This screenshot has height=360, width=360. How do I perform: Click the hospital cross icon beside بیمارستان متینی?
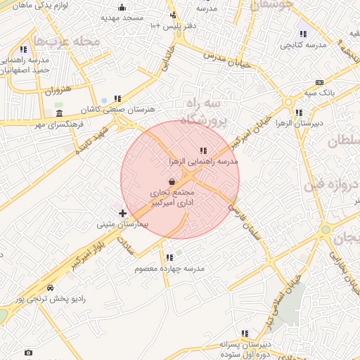(x=123, y=212)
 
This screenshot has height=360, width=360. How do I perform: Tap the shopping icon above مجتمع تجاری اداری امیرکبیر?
(x=172, y=181)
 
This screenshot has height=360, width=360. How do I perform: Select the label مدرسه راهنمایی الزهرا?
(x=203, y=161)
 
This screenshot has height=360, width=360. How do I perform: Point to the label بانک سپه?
(x=319, y=92)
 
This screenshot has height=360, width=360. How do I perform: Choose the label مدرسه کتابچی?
(x=304, y=45)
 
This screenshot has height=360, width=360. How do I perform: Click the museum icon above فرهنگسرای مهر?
(x=59, y=113)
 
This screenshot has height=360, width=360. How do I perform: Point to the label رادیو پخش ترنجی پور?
(x=51, y=299)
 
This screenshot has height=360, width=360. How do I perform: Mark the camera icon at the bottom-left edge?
(x=28, y=352)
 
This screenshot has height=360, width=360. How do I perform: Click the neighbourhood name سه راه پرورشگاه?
(x=204, y=113)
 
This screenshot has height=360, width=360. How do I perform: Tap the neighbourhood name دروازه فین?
(x=330, y=186)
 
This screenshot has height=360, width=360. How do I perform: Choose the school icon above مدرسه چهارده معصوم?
(x=169, y=257)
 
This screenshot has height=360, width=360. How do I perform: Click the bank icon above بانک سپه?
(x=319, y=82)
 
